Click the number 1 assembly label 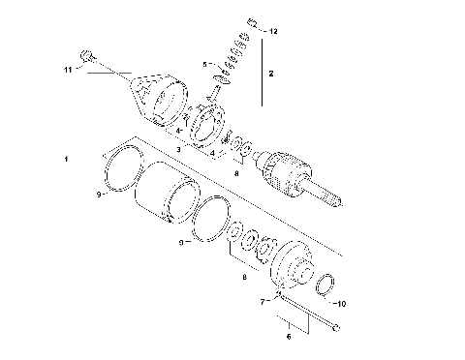66,157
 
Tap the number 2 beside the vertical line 271,73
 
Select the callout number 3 178,150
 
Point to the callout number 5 204,64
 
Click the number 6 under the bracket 288,338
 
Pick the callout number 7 262,301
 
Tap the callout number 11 68,70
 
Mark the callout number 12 273,31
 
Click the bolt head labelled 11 87,56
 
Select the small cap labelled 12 251,22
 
